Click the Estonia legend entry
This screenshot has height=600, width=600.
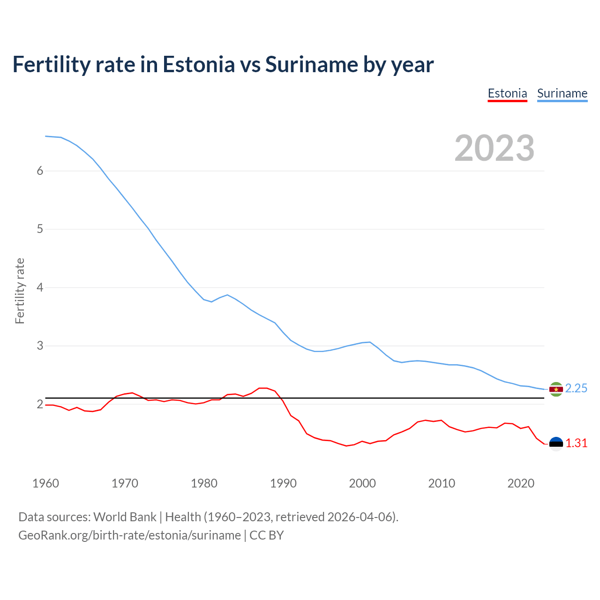(507, 93)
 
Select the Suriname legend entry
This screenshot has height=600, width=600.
(562, 93)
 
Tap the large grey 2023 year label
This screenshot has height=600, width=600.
(495, 148)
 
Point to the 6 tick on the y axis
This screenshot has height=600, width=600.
(40, 171)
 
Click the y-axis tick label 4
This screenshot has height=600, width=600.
(40, 287)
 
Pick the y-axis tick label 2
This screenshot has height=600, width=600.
(40, 404)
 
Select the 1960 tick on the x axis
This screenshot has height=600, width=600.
(45, 483)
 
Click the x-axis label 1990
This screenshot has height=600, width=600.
(283, 483)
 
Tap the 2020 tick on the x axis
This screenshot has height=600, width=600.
(521, 483)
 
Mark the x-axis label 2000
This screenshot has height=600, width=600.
(362, 483)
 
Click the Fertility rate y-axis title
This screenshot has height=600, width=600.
(20, 291)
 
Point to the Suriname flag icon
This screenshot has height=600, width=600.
(556, 389)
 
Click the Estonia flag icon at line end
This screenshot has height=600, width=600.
(556, 443)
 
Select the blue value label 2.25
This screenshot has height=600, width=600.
(576, 389)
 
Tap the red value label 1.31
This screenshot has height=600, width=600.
(576, 443)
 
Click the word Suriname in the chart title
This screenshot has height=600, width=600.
(311, 64)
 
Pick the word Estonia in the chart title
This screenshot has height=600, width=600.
(198, 64)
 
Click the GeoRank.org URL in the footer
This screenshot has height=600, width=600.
(129, 535)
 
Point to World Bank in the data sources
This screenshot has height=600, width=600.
(125, 517)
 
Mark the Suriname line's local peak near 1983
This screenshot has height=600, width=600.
(227, 295)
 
